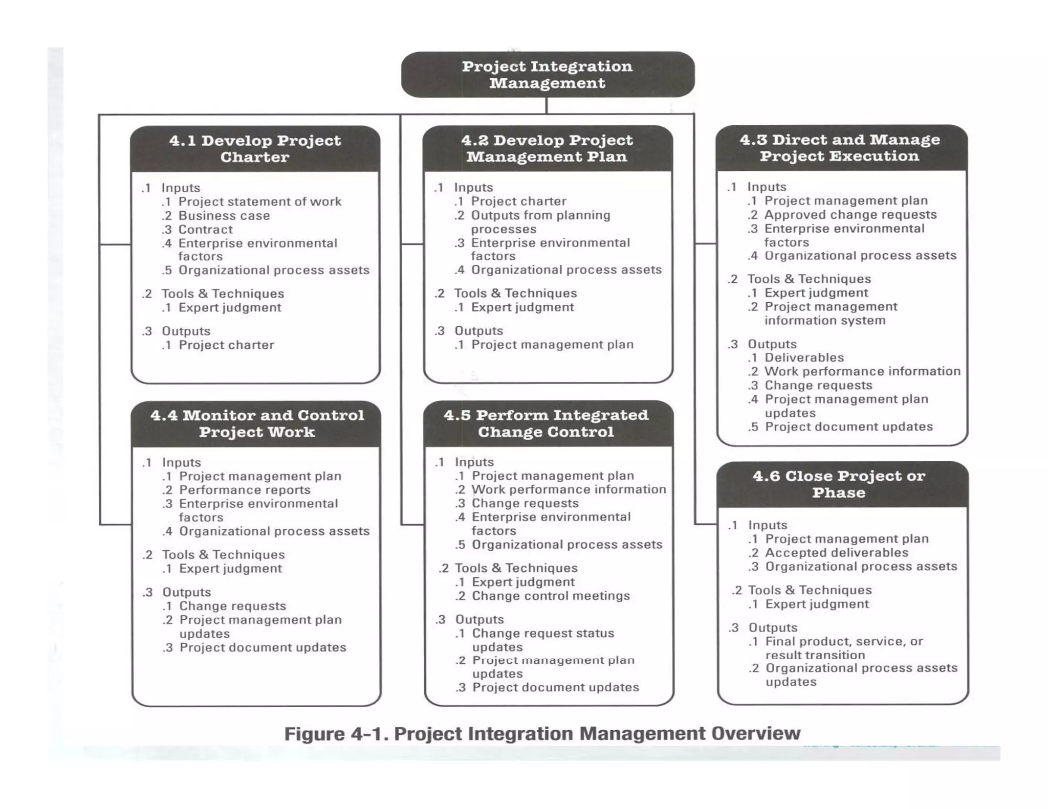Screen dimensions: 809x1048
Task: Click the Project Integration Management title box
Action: (548, 75)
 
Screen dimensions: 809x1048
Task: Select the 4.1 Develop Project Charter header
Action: (255, 148)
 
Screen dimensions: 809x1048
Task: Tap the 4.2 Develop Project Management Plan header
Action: (547, 148)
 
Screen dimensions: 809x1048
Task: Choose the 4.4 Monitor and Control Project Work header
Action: (257, 423)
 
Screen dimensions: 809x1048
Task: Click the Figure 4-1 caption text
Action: (542, 733)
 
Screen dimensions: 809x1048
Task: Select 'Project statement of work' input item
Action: (259, 201)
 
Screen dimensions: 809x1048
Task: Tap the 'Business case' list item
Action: (224, 216)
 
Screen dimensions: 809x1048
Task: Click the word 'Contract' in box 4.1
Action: (205, 230)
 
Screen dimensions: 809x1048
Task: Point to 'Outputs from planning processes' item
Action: (540, 222)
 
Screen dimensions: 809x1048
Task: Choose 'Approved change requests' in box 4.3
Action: (850, 215)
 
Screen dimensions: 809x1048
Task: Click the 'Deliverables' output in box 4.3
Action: (804, 357)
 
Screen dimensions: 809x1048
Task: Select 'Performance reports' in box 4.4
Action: (245, 490)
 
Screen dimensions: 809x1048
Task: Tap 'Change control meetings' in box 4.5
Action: (551, 596)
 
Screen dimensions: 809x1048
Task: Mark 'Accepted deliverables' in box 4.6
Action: (837, 553)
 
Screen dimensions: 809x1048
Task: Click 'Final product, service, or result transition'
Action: (844, 648)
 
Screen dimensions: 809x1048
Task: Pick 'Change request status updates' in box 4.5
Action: (542, 640)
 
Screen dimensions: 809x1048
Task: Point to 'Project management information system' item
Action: (831, 313)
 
